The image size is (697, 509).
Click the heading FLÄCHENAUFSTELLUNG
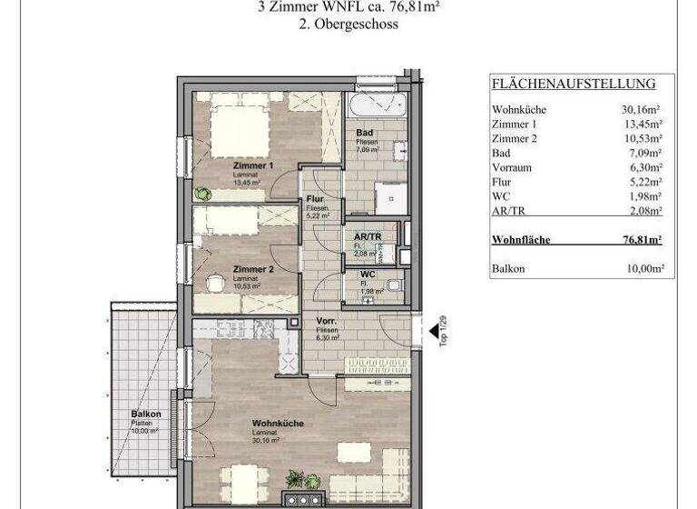(573, 84)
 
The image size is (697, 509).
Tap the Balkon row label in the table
(507, 269)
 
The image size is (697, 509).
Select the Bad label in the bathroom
(364, 133)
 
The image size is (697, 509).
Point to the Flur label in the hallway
(316, 199)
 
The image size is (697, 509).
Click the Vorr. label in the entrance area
(328, 322)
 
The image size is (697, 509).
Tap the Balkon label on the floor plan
(145, 414)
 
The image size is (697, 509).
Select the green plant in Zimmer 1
(201, 193)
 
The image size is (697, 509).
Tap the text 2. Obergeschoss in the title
(348, 25)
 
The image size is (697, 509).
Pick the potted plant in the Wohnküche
(296, 479)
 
